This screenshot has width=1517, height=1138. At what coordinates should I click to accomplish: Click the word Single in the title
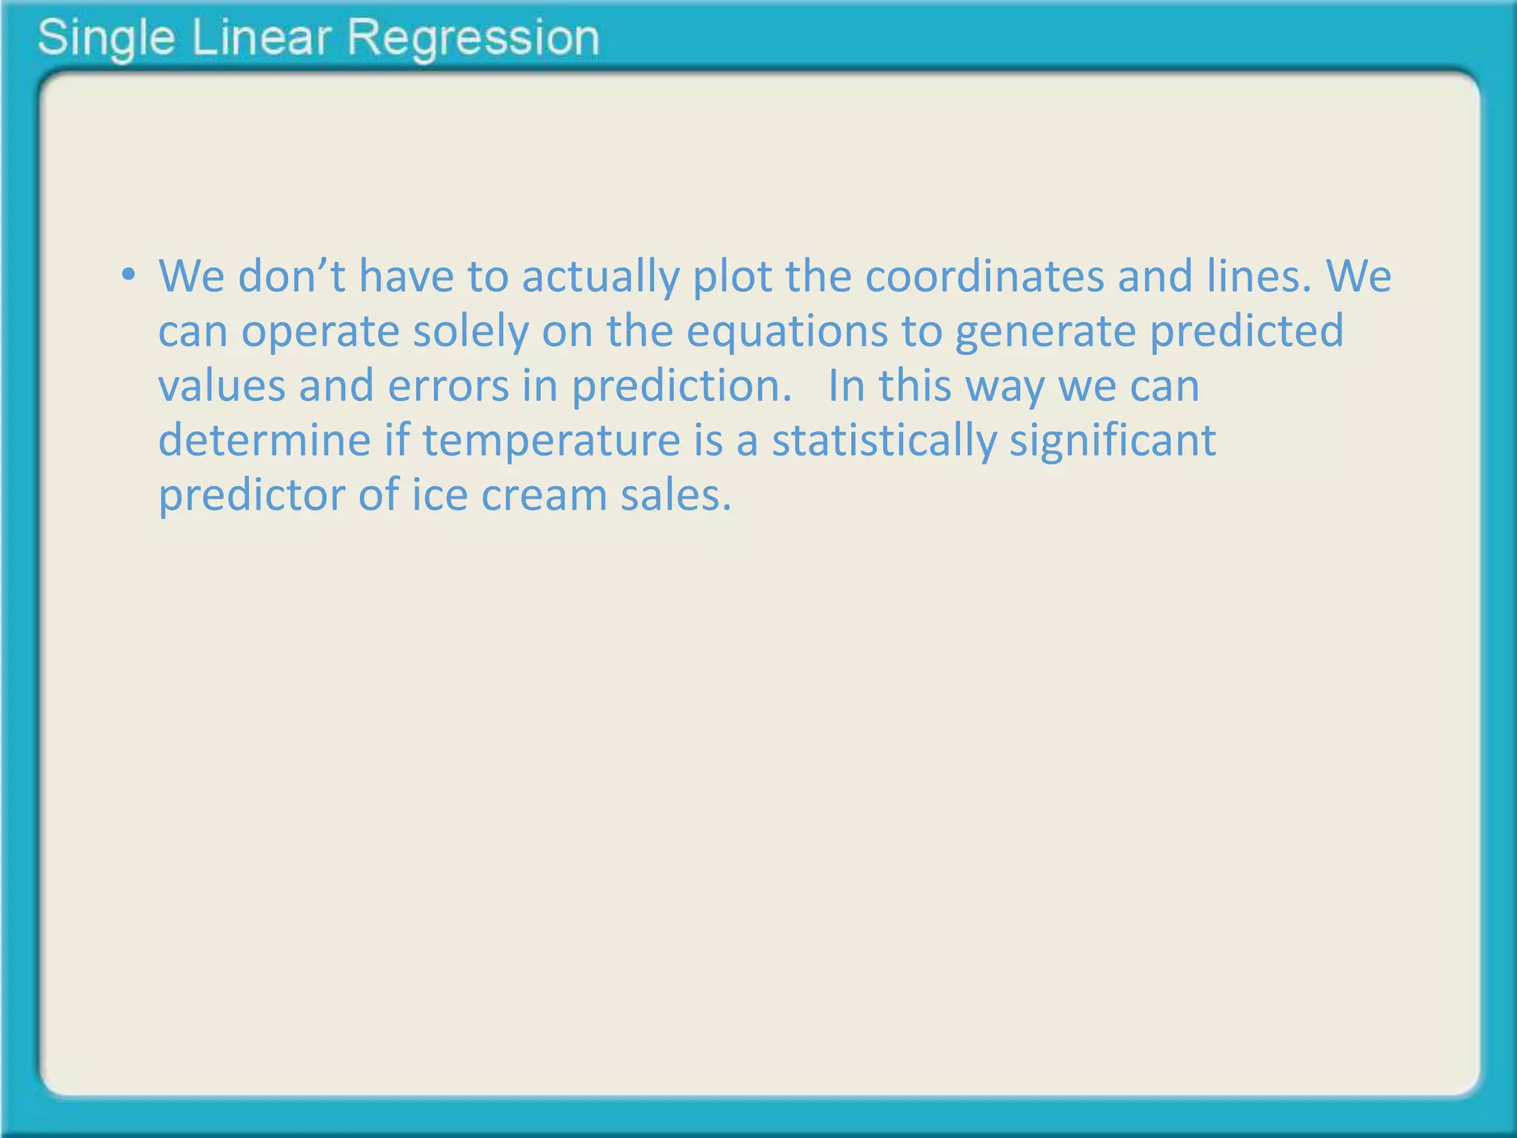106,39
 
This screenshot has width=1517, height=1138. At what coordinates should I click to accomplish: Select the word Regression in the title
473,39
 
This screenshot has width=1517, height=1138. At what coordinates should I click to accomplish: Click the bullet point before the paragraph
129,276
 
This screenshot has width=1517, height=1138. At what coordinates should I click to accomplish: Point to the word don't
292,276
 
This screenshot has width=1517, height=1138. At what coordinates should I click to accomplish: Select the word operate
320,331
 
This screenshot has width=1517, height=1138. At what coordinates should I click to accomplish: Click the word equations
787,331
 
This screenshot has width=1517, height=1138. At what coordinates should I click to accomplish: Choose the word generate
1045,331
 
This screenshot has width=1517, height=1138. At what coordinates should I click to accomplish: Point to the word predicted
1246,331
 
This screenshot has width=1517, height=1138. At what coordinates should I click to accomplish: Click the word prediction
681,386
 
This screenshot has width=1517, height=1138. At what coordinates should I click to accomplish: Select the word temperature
551,441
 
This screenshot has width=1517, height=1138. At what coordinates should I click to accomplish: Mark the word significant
1113,441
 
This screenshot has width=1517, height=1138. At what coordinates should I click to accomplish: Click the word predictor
252,495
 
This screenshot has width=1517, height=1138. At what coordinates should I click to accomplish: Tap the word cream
544,495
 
